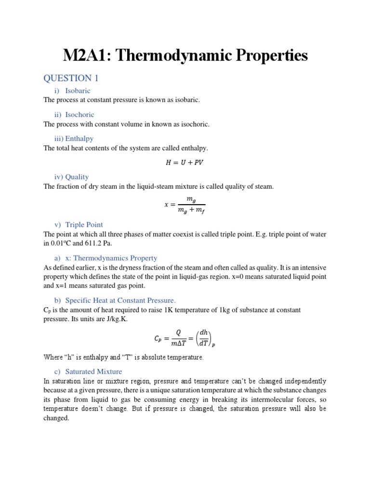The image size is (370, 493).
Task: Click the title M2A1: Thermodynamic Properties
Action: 185,55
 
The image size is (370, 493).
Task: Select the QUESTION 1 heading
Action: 71,78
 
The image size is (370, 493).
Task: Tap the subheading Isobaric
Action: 78,91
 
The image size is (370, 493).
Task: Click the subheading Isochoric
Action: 79,115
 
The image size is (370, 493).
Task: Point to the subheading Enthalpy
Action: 79,139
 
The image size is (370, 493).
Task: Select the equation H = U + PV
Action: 185,162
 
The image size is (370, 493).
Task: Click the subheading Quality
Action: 77,177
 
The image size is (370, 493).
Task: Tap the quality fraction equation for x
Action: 185,205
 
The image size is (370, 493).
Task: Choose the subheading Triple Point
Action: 84,224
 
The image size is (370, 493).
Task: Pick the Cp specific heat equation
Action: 185,338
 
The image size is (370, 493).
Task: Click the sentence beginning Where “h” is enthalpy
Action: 123,357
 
